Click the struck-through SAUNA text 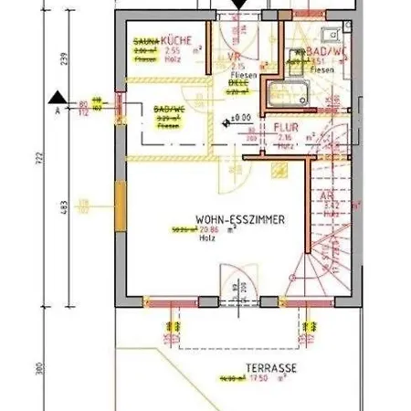pos(146,42)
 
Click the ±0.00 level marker pos(240,118)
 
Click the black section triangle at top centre pos(238,5)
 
